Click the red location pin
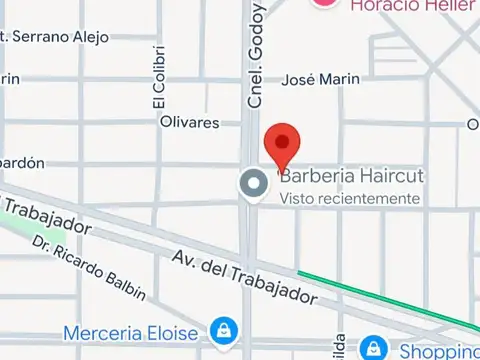click(282, 146)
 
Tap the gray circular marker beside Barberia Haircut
click(253, 184)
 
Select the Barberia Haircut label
click(351, 176)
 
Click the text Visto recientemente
click(349, 198)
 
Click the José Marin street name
click(321, 80)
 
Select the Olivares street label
click(189, 122)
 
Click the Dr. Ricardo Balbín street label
click(88, 268)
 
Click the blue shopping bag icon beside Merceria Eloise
click(221, 330)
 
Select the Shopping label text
click(439, 351)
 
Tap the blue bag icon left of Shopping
click(373, 348)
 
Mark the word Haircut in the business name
click(387, 176)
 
